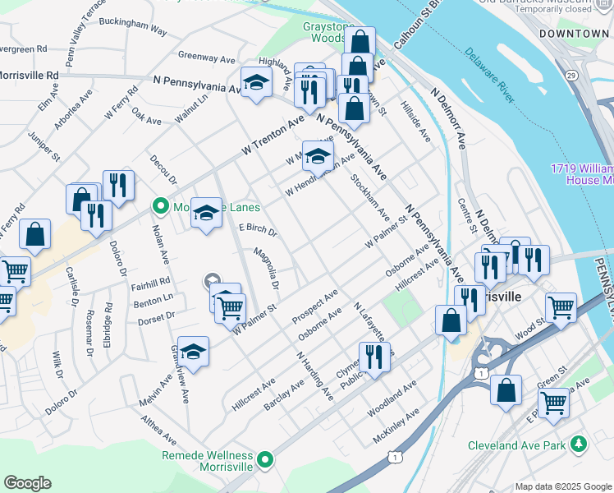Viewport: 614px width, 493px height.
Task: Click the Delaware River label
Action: (490, 76)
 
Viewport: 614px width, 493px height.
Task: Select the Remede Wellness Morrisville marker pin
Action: (265, 460)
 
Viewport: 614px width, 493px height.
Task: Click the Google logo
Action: (27, 483)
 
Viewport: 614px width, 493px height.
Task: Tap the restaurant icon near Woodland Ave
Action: (373, 356)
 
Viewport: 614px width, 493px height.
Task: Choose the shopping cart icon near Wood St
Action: (561, 306)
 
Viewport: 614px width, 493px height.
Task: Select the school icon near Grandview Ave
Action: (193, 351)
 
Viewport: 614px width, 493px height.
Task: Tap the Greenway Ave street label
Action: (207, 57)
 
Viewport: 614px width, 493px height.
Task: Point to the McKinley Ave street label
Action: (394, 432)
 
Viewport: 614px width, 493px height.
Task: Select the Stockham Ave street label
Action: (369, 198)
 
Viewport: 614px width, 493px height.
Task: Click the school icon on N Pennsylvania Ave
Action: (256, 82)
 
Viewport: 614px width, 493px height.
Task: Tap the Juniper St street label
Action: (45, 145)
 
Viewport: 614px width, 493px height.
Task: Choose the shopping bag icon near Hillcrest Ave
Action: (451, 320)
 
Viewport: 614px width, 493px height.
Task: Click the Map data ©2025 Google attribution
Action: (562, 486)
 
